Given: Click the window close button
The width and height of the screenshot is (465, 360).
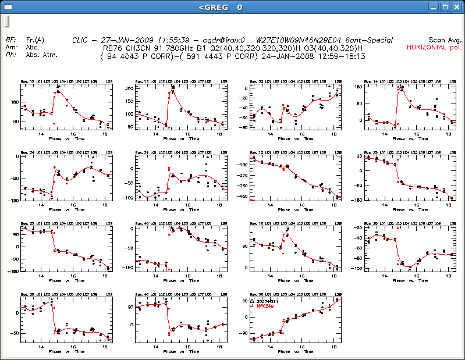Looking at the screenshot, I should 456,8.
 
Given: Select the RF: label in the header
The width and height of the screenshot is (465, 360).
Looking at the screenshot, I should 10,40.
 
